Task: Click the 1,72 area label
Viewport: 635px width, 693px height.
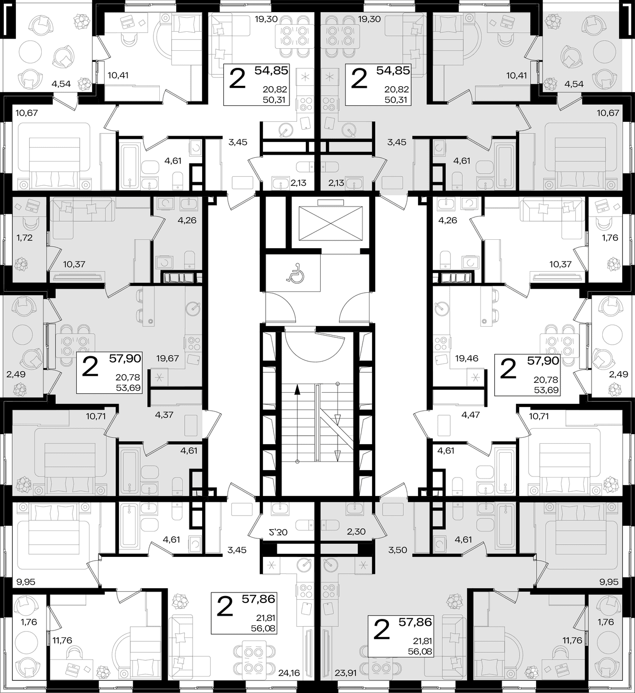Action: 24,238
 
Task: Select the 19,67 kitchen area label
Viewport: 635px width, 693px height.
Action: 167,358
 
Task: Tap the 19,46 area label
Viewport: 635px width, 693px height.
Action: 467,358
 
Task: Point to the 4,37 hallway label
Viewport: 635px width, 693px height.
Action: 164,415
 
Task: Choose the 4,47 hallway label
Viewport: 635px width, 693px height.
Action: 470,415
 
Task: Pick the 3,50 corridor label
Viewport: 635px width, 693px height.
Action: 397,550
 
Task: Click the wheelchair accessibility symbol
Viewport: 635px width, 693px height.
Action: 295,272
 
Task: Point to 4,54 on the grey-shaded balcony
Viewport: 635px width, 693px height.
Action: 574,84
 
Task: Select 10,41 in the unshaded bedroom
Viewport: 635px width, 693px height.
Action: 118,75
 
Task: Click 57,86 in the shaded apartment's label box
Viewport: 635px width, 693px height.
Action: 415,622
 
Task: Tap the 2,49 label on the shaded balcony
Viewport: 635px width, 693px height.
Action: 16,374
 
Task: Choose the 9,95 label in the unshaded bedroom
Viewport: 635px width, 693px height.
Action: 26,582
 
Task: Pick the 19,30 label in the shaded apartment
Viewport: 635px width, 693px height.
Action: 369,20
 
